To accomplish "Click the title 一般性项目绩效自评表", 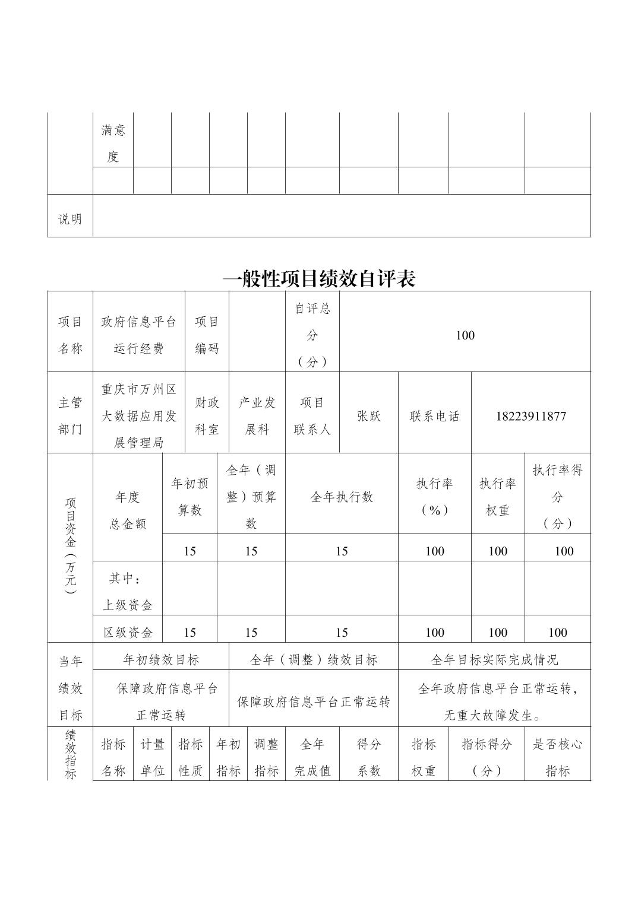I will coord(319,278).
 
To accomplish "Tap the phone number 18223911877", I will coord(530,416).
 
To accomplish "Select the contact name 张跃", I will coord(368,416).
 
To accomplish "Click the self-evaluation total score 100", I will coord(465,335).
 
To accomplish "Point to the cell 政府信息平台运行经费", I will coord(139,335).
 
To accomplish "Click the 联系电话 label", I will coord(434,416).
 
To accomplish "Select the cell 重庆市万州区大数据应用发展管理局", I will coord(139,415).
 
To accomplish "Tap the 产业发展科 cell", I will coord(257,415).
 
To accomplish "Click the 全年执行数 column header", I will coord(342,497).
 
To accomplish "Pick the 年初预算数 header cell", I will coord(189,497).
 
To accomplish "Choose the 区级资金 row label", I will coord(128,632).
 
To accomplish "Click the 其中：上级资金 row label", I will coord(128,591).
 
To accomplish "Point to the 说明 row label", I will coord(70,219).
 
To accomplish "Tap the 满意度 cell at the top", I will coord(113,143).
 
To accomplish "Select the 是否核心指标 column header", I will coord(557,757).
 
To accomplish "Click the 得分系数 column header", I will coord(368,757).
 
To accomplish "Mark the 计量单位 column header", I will coord(152,757).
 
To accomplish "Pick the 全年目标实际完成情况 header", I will coord(494,659).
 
